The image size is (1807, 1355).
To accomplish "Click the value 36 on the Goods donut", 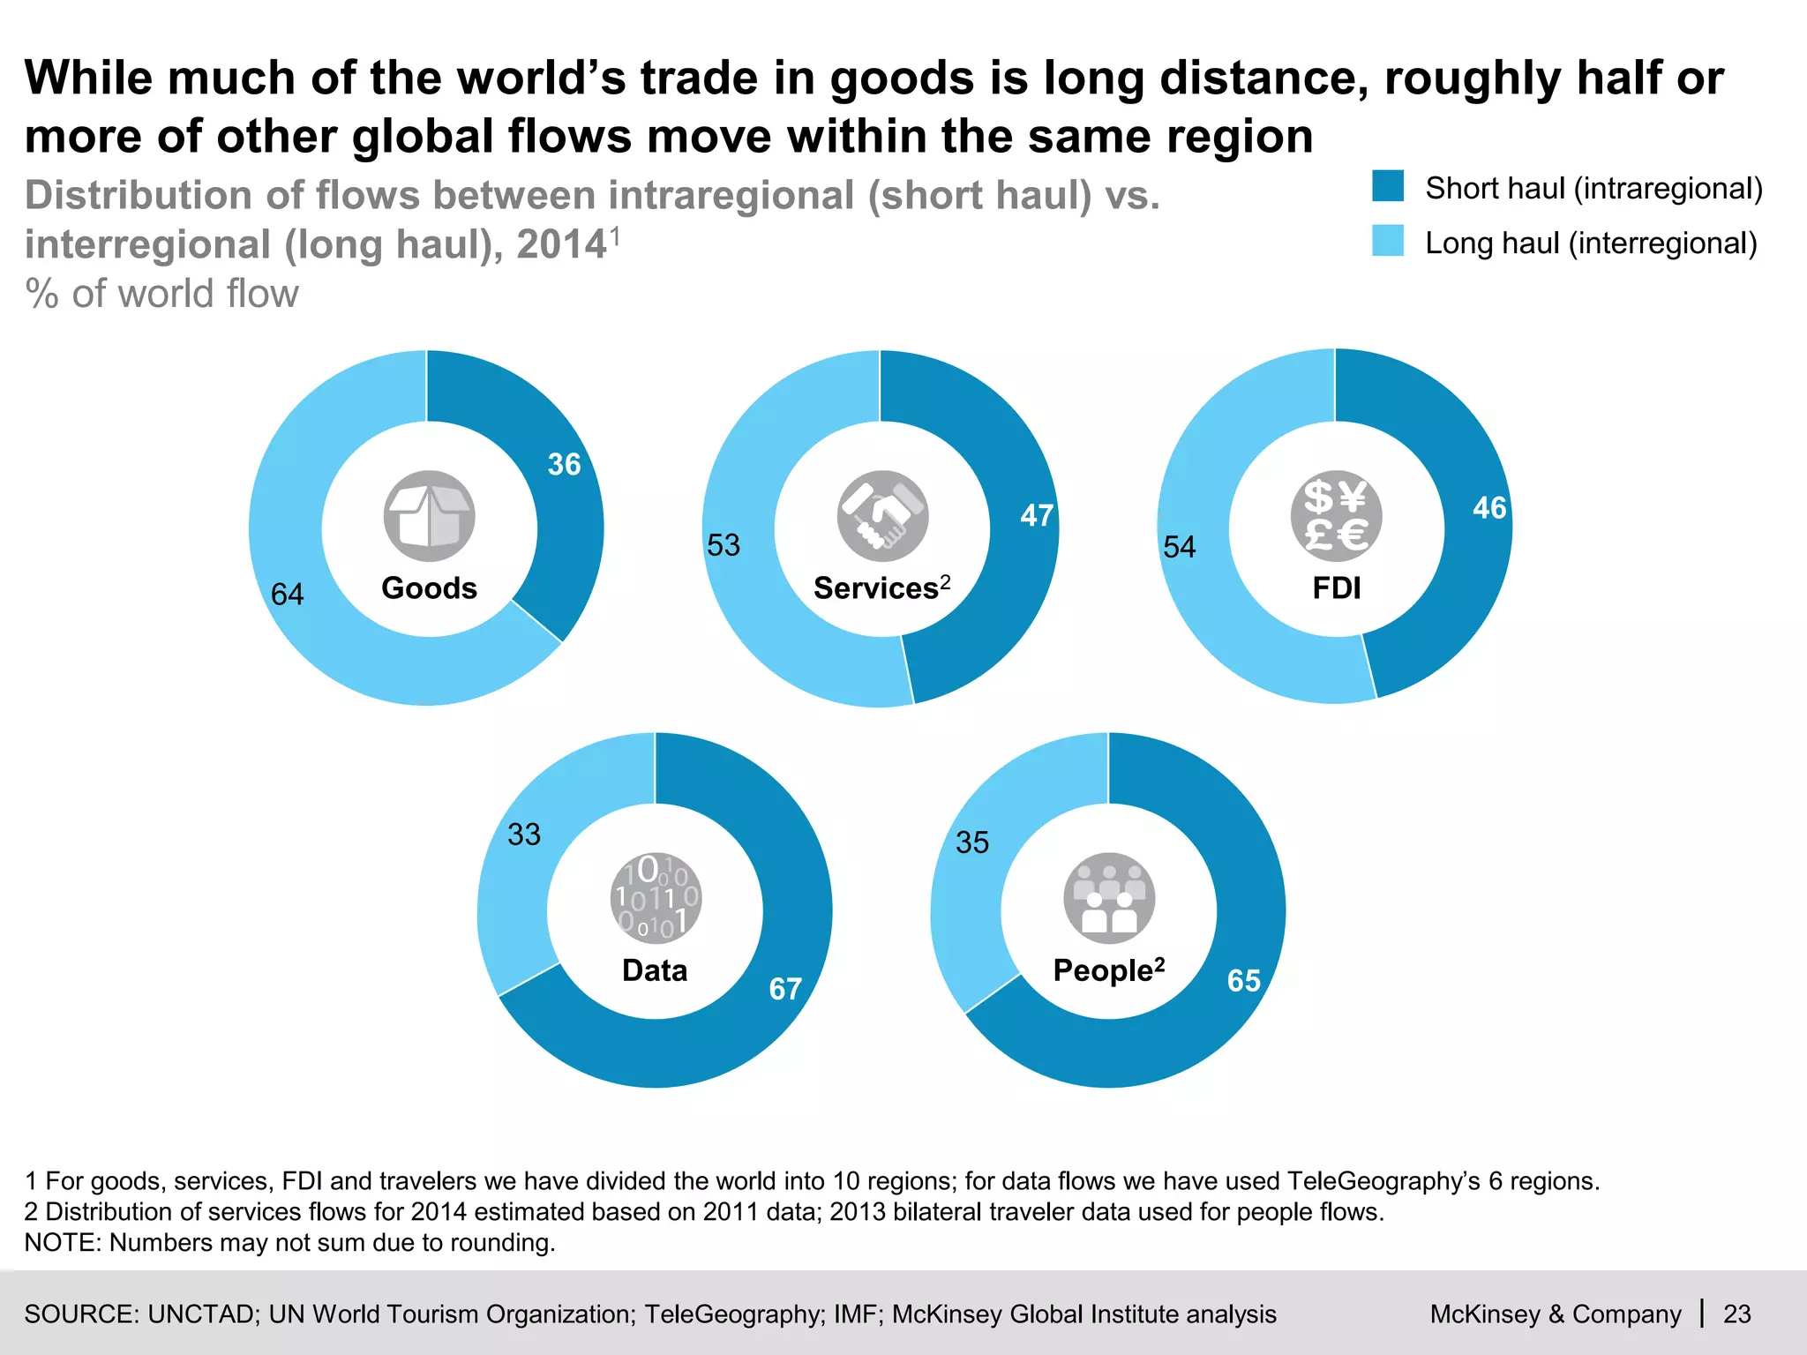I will click(x=564, y=464).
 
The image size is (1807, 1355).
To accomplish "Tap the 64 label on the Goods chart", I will click(x=287, y=595).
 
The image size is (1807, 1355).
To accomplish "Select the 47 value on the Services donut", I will click(x=1037, y=515).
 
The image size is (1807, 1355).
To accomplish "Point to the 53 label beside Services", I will click(x=724, y=545).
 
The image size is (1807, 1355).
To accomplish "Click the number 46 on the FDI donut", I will click(x=1489, y=508).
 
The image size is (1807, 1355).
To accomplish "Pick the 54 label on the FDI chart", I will click(x=1179, y=547).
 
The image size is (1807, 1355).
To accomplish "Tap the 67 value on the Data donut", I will click(x=785, y=989).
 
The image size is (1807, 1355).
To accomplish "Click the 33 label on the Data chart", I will click(x=524, y=835).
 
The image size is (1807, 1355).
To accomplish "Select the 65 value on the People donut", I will click(x=1243, y=981).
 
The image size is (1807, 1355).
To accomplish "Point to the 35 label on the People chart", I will click(x=972, y=842).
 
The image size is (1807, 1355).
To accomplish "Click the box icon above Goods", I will click(x=429, y=516).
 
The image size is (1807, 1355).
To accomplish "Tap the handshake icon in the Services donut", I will click(x=882, y=516).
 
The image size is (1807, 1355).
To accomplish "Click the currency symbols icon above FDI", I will click(x=1336, y=516).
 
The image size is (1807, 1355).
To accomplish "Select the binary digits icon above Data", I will click(x=656, y=898).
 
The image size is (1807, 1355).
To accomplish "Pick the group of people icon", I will click(x=1109, y=898).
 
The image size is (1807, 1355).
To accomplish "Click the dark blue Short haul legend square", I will click(x=1388, y=187).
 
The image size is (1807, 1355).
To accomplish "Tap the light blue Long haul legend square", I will click(x=1388, y=242).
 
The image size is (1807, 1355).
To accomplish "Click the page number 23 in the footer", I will click(x=1736, y=1314).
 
